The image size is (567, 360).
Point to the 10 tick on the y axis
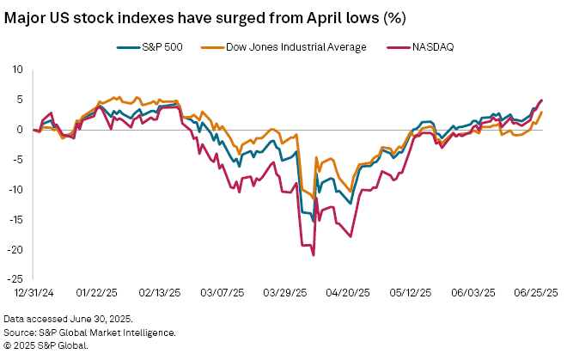tap(17, 69)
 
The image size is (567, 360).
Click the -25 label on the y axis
tap(15, 279)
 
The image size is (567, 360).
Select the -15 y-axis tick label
tap(15, 219)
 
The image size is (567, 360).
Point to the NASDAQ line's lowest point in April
tap(314, 255)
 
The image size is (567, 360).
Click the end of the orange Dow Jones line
tap(542, 112)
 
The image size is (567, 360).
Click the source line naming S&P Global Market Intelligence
tap(89, 332)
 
